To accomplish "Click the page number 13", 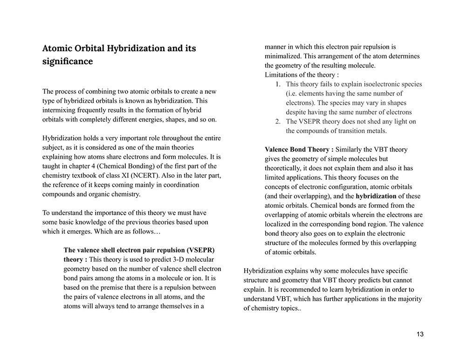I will click(420, 334).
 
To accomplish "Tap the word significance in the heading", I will click(67, 61).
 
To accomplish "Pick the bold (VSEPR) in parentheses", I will click(195, 250).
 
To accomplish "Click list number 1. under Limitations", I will click(277, 84).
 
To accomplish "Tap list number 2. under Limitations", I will click(277, 122).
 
